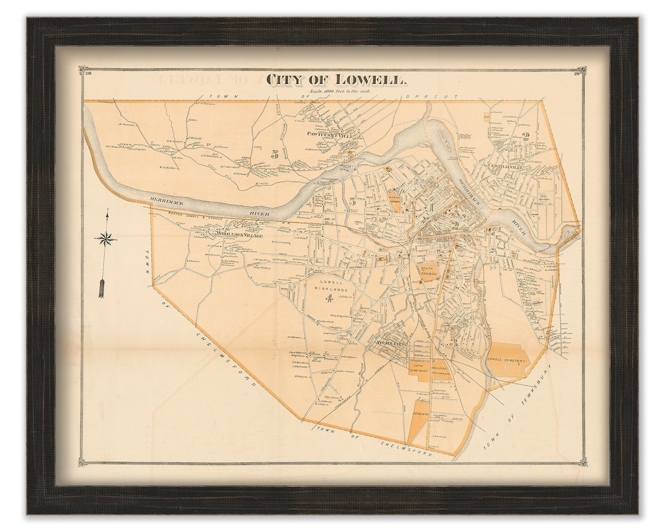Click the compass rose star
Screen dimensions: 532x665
[107, 237]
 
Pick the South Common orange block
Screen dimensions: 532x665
[429, 271]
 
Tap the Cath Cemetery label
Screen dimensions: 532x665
[422, 368]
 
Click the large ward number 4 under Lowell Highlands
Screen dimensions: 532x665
[329, 300]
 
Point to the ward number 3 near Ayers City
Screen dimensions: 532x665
[453, 342]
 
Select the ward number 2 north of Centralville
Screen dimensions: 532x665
[525, 136]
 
